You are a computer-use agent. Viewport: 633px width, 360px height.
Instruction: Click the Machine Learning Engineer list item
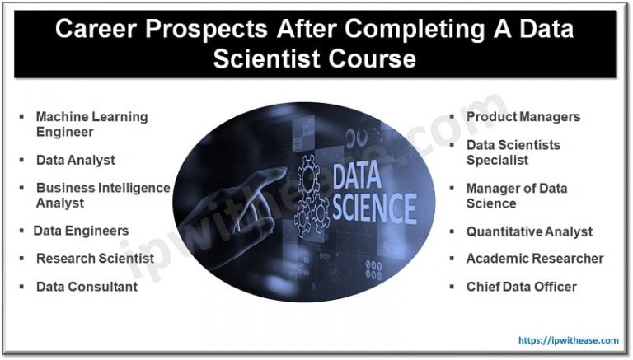pyautogui.click(x=91, y=124)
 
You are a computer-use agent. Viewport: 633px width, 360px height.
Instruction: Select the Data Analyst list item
pyautogui.click(x=75, y=160)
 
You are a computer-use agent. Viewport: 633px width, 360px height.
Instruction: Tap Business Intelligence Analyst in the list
pyautogui.click(x=102, y=195)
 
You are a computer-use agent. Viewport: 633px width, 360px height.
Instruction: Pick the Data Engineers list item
pyautogui.click(x=81, y=231)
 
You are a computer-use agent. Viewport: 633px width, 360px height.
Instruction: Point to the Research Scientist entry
pyautogui.click(x=95, y=259)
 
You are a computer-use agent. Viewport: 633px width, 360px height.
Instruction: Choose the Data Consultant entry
pyautogui.click(x=87, y=287)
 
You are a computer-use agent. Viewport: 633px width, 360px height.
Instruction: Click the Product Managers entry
pyautogui.click(x=523, y=116)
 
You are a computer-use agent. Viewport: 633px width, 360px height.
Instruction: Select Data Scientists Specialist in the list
pyautogui.click(x=513, y=152)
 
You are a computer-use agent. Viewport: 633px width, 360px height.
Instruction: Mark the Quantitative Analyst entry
pyautogui.click(x=529, y=231)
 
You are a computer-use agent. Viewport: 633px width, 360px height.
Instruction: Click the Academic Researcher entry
pyautogui.click(x=534, y=259)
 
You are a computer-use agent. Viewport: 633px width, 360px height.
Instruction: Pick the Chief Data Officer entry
pyautogui.click(x=521, y=287)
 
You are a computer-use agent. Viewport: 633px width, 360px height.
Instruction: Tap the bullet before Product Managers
pyautogui.click(x=452, y=116)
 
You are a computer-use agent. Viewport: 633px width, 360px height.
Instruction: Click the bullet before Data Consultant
pyautogui.click(x=21, y=287)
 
